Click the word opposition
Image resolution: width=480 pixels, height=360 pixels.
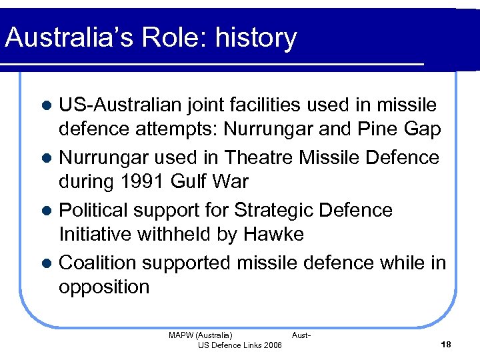pyautogui.click(x=104, y=287)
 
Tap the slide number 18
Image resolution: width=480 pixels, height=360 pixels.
pyautogui.click(x=446, y=344)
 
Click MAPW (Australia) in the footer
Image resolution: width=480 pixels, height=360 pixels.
pyautogui.click(x=201, y=335)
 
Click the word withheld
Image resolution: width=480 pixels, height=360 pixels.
pyautogui.click(x=176, y=234)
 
